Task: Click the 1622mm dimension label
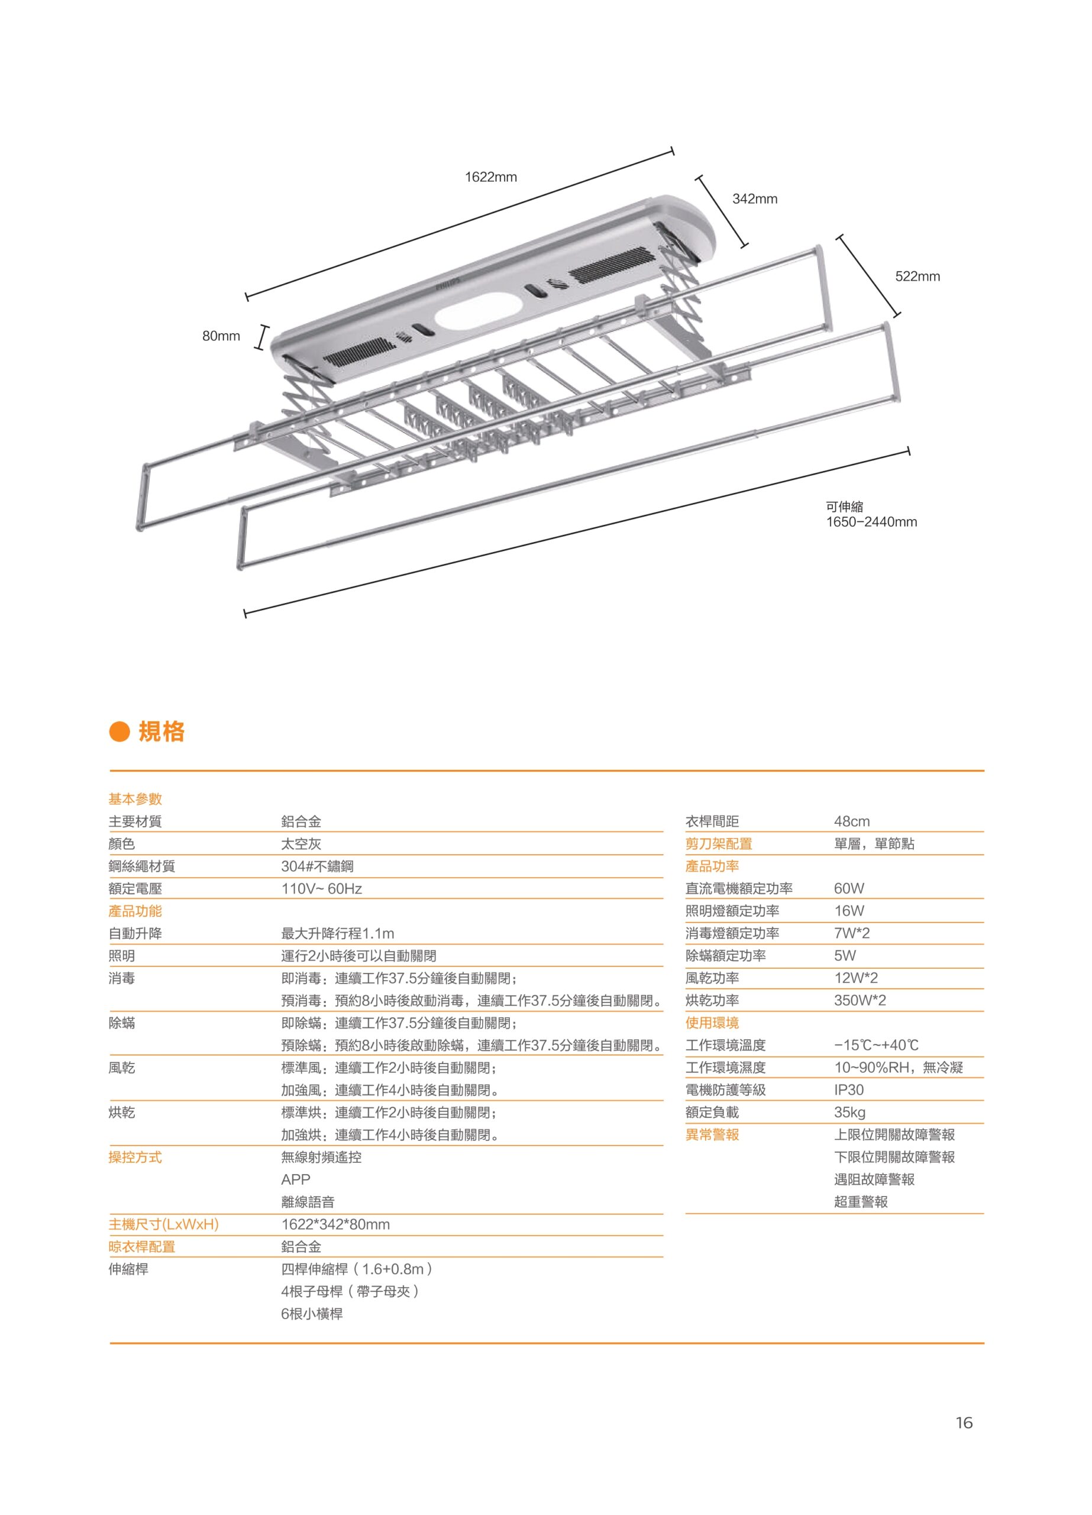(491, 177)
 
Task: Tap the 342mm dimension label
(755, 199)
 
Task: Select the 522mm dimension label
(917, 276)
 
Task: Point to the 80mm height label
(221, 336)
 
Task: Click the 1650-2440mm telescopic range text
(871, 522)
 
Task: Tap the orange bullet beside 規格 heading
(118, 731)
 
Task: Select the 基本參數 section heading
(135, 799)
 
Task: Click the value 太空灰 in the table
(301, 844)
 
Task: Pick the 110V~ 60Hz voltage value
(321, 888)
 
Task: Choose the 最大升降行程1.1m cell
(337, 933)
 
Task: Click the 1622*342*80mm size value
(335, 1224)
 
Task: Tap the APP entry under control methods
(296, 1179)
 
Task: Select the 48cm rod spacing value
(852, 821)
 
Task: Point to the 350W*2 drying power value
(860, 1001)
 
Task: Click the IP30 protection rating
(848, 1090)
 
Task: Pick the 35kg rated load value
(849, 1113)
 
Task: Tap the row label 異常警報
(712, 1135)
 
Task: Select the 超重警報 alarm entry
(861, 1202)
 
